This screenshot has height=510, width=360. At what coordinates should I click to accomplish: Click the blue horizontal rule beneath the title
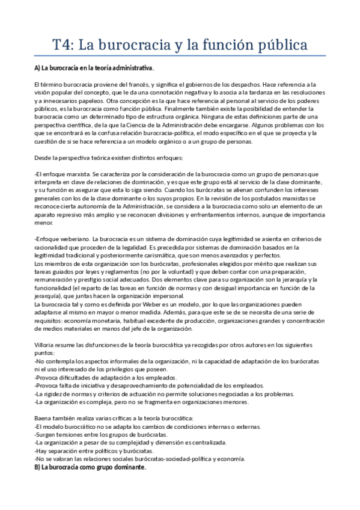coord(180,56)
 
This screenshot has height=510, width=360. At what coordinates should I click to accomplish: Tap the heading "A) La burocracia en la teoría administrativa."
coord(94,67)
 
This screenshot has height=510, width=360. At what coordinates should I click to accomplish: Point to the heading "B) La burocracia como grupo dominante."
coord(90,467)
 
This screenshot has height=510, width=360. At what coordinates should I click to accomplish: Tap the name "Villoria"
coord(45,345)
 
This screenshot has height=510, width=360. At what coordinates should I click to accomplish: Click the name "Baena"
coord(44,418)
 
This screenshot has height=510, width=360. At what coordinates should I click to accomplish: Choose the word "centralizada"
coord(205,443)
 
